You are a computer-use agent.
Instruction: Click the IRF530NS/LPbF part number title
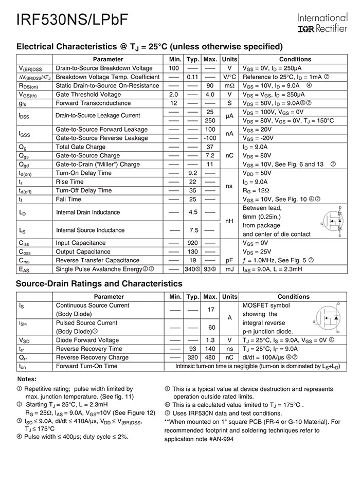(x=72, y=20)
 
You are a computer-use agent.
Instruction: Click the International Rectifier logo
(x=322, y=23)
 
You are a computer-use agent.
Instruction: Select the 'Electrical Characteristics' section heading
(x=149, y=46)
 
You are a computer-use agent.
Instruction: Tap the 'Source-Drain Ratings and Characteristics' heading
(x=99, y=283)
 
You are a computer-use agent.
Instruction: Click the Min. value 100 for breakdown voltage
(x=175, y=68)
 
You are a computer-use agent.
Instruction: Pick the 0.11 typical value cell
(x=193, y=77)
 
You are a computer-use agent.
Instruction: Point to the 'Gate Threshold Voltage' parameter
(x=88, y=95)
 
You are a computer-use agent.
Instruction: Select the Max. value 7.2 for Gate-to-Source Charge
(x=210, y=155)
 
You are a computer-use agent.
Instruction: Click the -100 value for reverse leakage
(x=210, y=138)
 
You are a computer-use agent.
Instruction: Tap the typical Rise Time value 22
(x=193, y=182)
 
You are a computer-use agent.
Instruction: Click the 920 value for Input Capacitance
(x=193, y=243)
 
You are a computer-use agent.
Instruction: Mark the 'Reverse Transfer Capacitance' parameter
(x=98, y=260)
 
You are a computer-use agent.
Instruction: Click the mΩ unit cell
(x=229, y=86)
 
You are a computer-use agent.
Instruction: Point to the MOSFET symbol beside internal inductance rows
(x=331, y=221)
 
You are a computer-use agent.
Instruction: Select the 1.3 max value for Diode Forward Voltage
(x=210, y=340)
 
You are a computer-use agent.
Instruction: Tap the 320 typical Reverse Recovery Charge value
(x=193, y=357)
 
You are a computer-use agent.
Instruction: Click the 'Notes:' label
(x=27, y=379)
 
